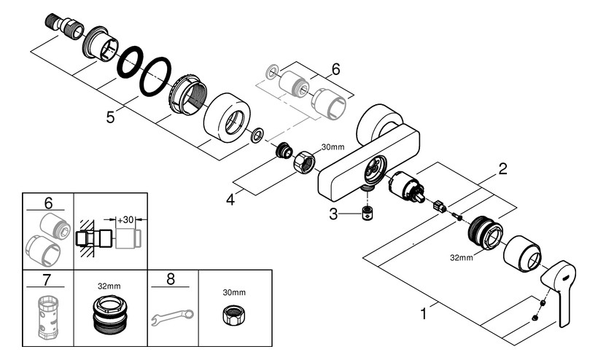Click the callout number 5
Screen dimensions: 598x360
point(110,117)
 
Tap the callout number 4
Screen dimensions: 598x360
point(230,200)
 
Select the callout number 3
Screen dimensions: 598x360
point(333,214)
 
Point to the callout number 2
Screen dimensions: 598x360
point(503,169)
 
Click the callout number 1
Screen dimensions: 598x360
point(423,314)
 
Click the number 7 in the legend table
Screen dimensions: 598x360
point(47,280)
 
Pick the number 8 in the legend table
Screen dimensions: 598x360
point(171,279)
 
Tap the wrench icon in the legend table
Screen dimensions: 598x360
point(172,317)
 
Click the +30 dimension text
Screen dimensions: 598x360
point(125,220)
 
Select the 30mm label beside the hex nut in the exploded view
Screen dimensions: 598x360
point(333,147)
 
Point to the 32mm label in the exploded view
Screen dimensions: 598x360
point(461,257)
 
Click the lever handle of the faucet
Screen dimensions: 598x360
point(559,291)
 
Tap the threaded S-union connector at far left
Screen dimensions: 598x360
point(64,26)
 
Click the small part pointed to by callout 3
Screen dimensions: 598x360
point(368,214)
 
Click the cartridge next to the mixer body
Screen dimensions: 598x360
point(406,187)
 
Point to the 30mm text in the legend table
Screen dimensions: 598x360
point(234,292)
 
